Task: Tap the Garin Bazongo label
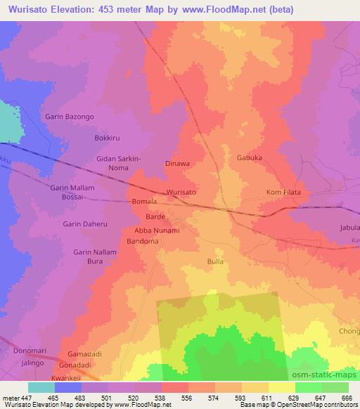(x=69, y=116)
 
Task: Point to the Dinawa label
(x=177, y=164)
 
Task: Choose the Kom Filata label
(x=285, y=192)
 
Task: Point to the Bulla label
(x=215, y=261)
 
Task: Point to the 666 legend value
(x=347, y=398)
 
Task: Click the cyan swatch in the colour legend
(x=41, y=387)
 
